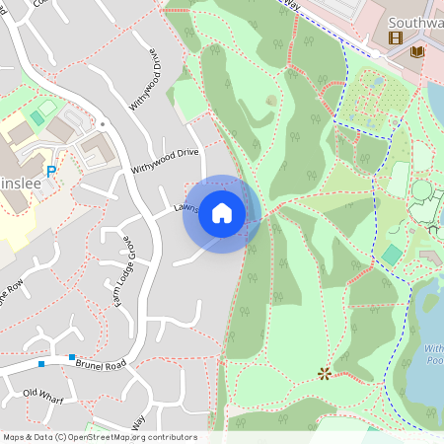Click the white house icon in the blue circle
tap(222, 213)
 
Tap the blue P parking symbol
tap(50, 172)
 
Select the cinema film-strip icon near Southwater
tap(396, 38)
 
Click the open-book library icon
tap(416, 50)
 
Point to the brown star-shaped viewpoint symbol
tap(325, 373)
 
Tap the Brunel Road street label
tap(103, 364)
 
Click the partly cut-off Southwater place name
tap(414, 22)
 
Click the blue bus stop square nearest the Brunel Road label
tap(72, 357)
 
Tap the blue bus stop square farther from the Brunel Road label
tap(41, 364)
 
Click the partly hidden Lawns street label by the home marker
tap(186, 208)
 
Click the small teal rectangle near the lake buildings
tap(392, 255)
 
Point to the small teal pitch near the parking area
tap(37, 118)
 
